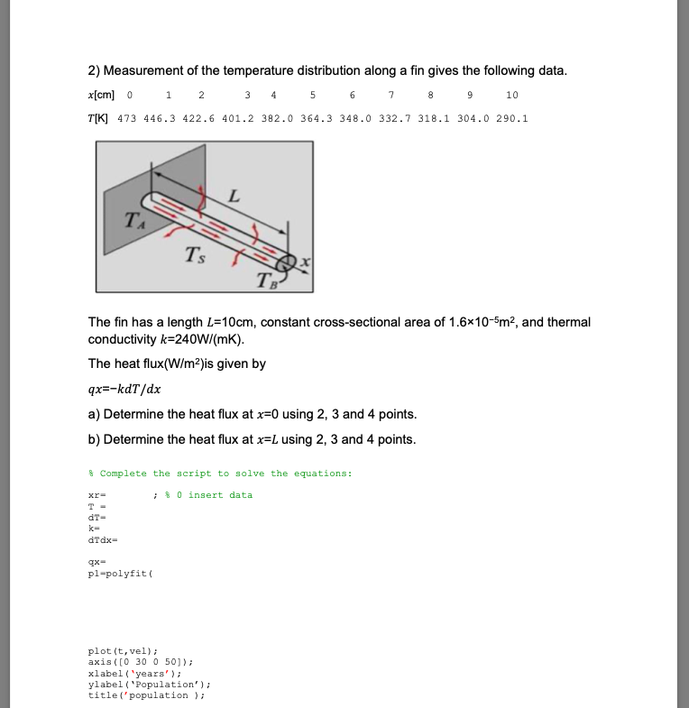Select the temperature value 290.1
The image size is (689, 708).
(511, 118)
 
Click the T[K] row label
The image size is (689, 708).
(99, 118)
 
